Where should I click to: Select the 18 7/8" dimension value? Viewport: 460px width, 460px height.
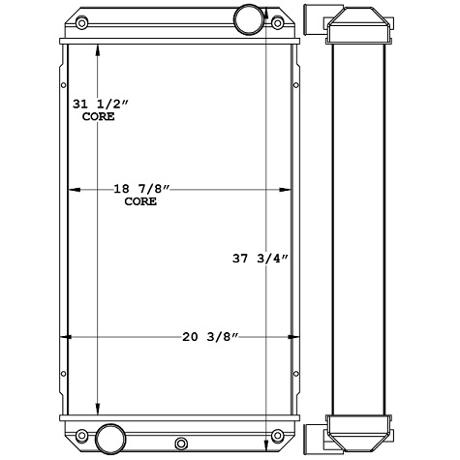pos(141,191)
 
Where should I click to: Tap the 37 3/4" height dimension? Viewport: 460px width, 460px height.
pos(260,259)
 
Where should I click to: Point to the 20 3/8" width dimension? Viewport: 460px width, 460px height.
pos(210,337)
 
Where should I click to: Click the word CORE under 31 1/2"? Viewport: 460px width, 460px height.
pos(98,116)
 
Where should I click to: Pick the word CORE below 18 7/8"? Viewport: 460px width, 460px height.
pos(141,203)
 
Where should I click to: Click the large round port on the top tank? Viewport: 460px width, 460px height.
pos(249,17)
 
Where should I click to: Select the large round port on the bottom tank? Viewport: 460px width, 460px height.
pos(108,434)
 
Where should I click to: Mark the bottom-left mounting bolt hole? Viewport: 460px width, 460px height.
pos(82,433)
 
